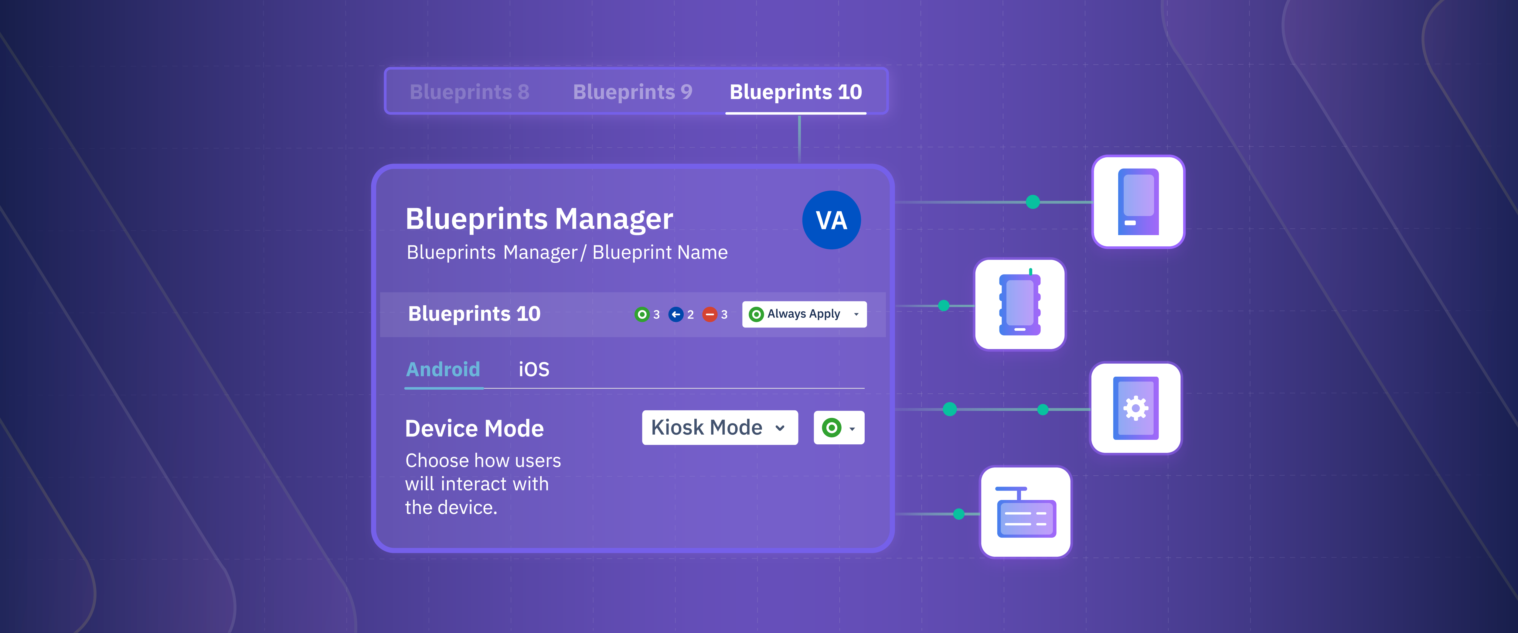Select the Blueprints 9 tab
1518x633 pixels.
click(632, 92)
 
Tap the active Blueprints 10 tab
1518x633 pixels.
click(795, 92)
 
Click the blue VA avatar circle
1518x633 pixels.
click(831, 220)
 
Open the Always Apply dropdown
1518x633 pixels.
click(804, 314)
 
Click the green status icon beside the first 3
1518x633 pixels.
click(642, 314)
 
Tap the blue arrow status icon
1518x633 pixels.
click(676, 314)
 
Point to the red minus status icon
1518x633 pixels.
click(710, 314)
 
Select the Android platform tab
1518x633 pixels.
click(443, 370)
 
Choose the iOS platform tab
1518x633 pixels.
click(533, 370)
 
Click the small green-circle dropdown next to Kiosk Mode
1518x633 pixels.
click(839, 427)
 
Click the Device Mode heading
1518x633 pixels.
click(474, 429)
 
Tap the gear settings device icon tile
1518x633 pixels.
click(1135, 408)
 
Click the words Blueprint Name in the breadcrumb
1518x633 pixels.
click(660, 252)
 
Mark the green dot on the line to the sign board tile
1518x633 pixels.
click(959, 514)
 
